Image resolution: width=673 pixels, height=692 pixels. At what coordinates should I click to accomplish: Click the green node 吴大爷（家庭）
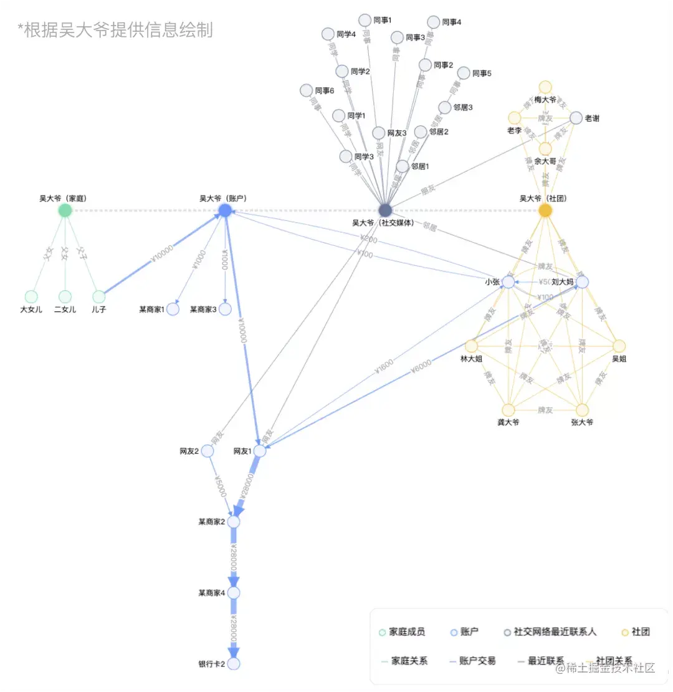65,210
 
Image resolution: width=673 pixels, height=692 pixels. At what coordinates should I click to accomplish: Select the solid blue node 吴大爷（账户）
225,210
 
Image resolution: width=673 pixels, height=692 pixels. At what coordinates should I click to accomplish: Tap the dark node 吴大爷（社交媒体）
385,210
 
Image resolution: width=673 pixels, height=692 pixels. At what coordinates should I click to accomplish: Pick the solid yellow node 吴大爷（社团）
545,210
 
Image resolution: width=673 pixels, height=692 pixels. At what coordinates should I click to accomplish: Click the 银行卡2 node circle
234,663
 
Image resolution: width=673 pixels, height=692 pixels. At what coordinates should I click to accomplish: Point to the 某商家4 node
234,592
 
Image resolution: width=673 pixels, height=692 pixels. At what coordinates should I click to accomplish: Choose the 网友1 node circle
260,451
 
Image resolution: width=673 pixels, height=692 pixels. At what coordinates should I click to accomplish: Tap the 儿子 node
98,296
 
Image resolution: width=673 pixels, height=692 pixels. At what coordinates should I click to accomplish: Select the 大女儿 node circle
31,296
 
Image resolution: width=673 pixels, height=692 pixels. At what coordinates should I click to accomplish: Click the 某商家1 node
173,309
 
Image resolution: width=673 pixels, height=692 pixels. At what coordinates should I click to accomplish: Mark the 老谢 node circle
576,118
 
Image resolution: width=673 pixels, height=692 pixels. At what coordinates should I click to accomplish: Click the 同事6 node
306,90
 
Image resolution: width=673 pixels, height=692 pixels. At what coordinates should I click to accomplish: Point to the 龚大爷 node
508,410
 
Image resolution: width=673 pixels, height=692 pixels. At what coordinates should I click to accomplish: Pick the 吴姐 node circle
619,346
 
